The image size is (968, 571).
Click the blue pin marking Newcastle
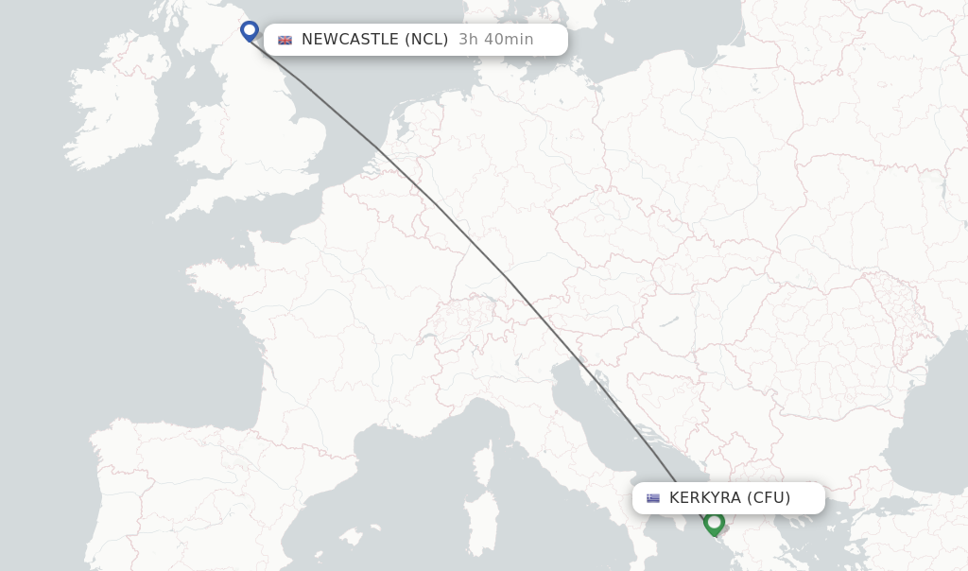[250, 30]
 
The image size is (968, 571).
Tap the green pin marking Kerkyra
[714, 522]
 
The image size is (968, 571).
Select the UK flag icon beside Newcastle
[285, 40]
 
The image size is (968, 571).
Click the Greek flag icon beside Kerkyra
[652, 498]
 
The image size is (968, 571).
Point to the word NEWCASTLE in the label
[350, 40]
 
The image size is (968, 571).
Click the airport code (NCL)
[426, 40]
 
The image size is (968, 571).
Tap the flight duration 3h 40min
[495, 40]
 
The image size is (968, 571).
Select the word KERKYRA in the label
[704, 498]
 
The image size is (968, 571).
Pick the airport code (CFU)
[769, 498]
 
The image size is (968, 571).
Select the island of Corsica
[484, 463]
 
